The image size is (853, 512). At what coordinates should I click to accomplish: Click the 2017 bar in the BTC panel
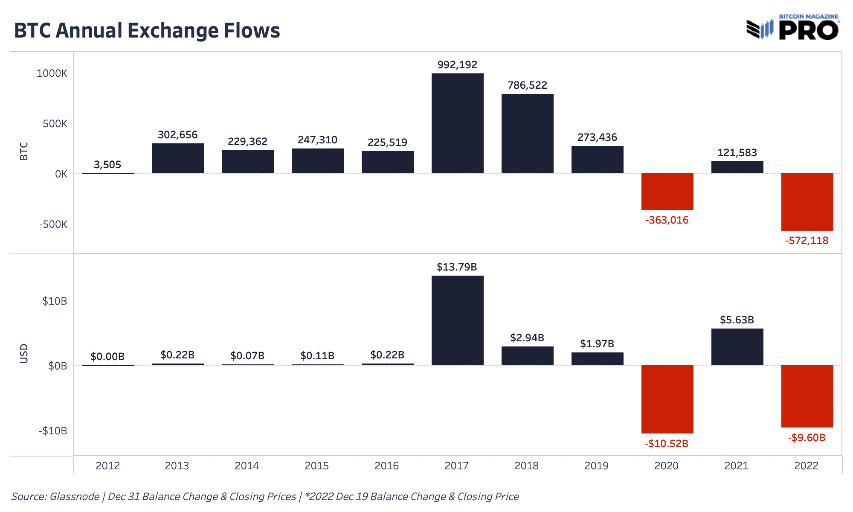(x=457, y=123)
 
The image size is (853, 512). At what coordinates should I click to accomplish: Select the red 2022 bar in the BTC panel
(x=807, y=202)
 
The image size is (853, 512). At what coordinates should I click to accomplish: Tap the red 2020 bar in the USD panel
(x=667, y=399)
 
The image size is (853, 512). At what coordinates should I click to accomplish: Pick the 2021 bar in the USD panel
(x=737, y=346)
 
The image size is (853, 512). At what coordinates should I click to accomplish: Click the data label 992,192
(x=457, y=65)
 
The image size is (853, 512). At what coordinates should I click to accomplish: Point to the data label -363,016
(x=667, y=220)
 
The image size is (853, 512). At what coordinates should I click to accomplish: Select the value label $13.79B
(x=457, y=267)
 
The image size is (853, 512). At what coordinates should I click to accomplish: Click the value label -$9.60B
(x=807, y=438)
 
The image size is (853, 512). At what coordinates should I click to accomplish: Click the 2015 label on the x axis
(x=316, y=466)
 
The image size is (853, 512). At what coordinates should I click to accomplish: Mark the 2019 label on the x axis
(x=596, y=466)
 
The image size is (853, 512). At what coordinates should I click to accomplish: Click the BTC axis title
(x=24, y=151)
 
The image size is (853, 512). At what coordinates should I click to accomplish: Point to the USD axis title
(x=24, y=354)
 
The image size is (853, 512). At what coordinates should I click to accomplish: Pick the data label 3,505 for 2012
(x=107, y=165)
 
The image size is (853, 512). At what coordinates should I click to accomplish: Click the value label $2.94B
(x=527, y=338)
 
